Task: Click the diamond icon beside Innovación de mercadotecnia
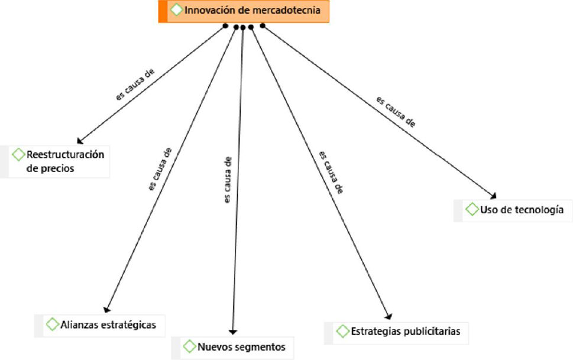[x=176, y=10]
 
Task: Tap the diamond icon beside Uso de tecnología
[x=472, y=209]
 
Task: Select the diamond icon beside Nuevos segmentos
[x=190, y=346]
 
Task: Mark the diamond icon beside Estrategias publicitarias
[x=342, y=331]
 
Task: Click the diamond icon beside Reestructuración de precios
[x=18, y=155]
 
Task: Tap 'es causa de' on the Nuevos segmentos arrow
[x=228, y=180]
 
